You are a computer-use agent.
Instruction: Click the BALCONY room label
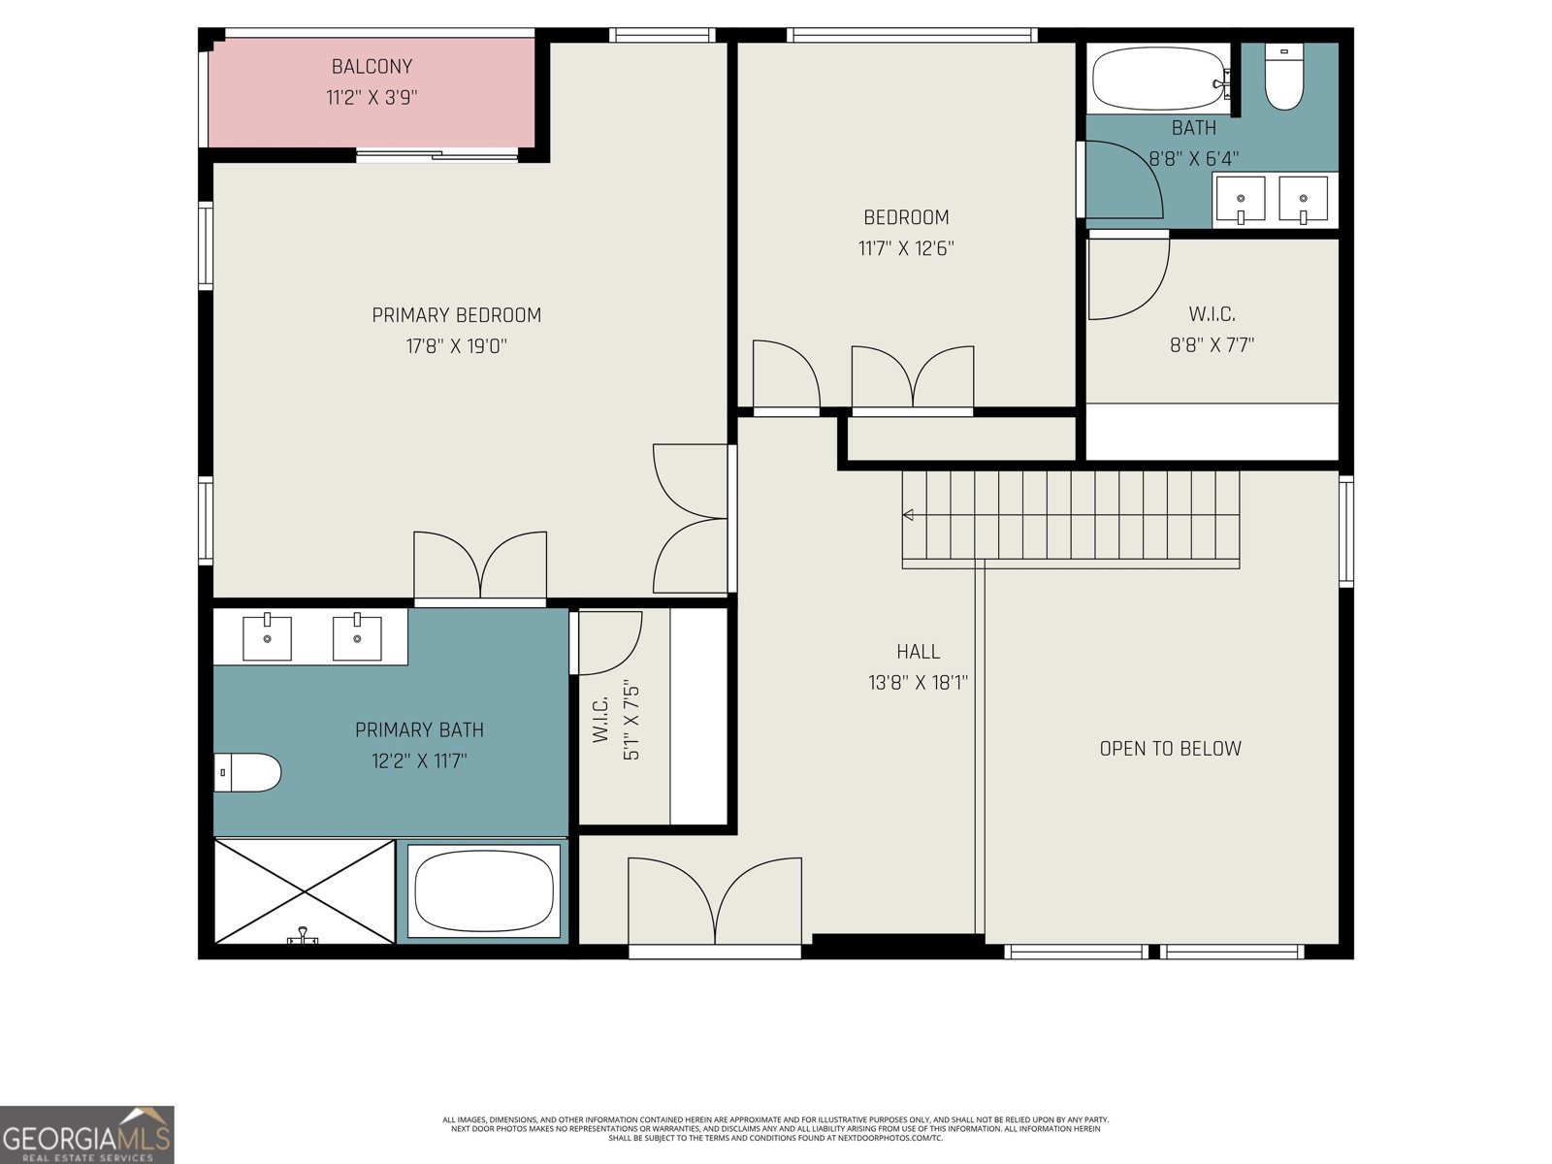tap(372, 67)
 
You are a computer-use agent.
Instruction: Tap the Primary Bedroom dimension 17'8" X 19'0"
tap(456, 346)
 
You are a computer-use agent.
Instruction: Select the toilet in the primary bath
tap(247, 773)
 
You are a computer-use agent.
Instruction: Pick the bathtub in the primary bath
tap(483, 890)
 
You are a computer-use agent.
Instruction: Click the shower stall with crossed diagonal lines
tap(305, 891)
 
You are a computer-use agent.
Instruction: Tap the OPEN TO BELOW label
tap(1170, 749)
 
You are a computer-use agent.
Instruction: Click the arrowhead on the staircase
tap(908, 515)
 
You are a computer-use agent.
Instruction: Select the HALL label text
tap(918, 652)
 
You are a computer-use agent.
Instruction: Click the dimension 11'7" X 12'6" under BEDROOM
tap(906, 248)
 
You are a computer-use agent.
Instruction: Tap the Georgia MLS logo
tap(87, 1135)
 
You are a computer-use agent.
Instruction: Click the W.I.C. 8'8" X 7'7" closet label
tap(1212, 330)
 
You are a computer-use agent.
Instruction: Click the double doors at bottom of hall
tap(715, 902)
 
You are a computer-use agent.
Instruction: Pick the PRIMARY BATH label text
tap(419, 730)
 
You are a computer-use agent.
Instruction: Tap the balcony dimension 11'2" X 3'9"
tap(372, 98)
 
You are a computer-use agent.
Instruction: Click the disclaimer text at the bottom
tap(775, 1129)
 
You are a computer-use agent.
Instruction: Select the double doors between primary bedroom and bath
tap(480, 567)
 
